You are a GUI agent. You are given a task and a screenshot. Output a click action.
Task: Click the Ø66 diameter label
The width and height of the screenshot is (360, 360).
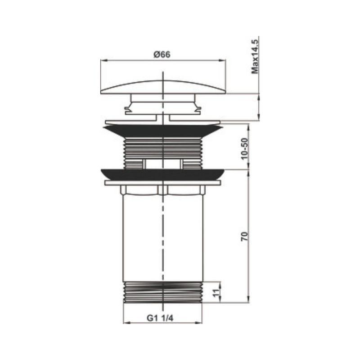pyautogui.click(x=162, y=54)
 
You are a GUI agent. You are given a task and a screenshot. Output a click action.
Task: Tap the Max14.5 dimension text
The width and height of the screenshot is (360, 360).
pyautogui.click(x=255, y=57)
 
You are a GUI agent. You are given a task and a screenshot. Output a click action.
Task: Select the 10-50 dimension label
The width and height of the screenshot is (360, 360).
pyautogui.click(x=245, y=148)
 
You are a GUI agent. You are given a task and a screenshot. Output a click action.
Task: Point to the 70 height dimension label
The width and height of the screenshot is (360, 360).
pyautogui.click(x=245, y=237)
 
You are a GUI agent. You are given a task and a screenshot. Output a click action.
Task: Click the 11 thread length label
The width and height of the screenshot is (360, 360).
pyautogui.click(x=216, y=293)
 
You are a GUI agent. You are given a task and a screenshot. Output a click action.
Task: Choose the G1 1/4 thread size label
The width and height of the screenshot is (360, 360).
pyautogui.click(x=160, y=318)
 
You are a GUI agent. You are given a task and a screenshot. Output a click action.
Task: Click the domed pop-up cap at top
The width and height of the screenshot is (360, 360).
pyautogui.click(x=163, y=87)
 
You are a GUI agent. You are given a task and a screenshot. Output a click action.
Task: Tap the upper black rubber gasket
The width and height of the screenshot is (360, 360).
pyautogui.click(x=163, y=131)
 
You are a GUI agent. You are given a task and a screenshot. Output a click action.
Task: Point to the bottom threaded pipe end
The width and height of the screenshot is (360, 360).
pyautogui.click(x=163, y=292)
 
